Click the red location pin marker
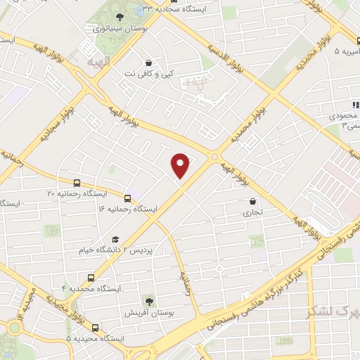coord(181,165)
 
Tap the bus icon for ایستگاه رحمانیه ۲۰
coord(77,181)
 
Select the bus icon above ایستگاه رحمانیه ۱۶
coord(127,198)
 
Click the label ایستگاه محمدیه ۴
coord(91,289)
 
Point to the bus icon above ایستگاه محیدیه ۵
coord(96,327)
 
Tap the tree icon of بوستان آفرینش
coord(148,300)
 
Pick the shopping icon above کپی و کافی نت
coord(148,61)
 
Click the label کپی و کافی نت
coord(148,72)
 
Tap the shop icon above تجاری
coord(252,201)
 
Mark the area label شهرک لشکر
coord(331,310)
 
